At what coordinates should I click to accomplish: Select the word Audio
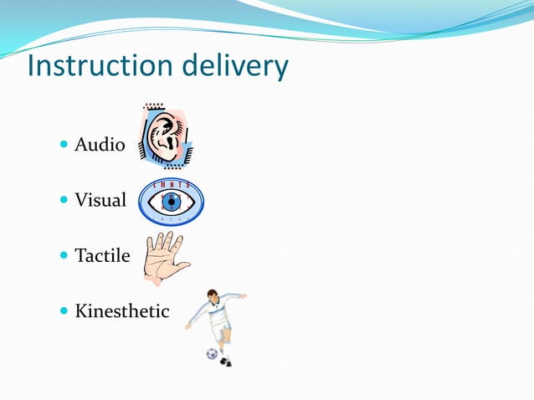tap(100, 146)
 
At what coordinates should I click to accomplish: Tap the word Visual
tap(100, 201)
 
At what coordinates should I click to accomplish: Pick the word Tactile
tap(102, 256)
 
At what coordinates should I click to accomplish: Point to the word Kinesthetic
tap(121, 312)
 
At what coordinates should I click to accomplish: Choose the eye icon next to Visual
tap(171, 203)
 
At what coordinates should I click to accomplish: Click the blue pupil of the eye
tap(172, 203)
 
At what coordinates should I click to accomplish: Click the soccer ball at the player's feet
tap(212, 354)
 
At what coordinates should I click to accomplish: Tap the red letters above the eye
tap(172, 184)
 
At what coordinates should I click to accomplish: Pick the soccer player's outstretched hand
tap(244, 295)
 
